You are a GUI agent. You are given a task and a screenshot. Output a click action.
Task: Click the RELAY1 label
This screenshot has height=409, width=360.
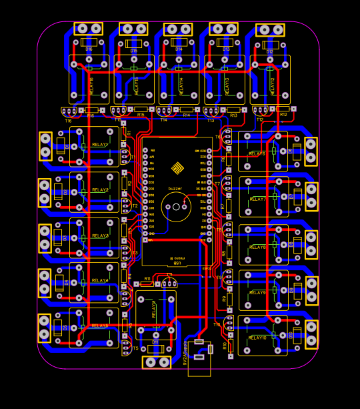[x=100, y=145]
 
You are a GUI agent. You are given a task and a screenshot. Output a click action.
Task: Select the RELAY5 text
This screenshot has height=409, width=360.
[x=100, y=326]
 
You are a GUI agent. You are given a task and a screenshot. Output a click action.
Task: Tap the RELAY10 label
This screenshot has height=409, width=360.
[x=257, y=338]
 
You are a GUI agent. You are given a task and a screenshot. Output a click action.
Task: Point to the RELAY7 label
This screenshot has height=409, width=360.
[x=257, y=199]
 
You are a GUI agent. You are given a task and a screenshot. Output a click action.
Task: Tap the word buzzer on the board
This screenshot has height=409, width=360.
[x=175, y=189]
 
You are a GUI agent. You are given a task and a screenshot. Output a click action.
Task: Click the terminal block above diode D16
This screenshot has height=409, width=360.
[x=89, y=29]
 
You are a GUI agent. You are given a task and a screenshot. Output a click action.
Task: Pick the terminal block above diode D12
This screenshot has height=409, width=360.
[x=270, y=30]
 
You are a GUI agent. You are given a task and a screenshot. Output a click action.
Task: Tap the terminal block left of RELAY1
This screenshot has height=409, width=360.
[x=45, y=145]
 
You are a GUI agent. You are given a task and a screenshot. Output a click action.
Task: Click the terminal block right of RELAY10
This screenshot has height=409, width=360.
[x=311, y=334]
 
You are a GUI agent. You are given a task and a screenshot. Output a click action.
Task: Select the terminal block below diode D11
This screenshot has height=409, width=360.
[x=157, y=362]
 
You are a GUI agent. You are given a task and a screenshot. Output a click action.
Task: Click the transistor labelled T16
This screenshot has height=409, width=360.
[x=69, y=112]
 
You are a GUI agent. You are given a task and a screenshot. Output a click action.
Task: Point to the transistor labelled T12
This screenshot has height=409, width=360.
[x=260, y=111]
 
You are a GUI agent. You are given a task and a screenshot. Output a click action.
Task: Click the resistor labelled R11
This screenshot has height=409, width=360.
[x=146, y=284]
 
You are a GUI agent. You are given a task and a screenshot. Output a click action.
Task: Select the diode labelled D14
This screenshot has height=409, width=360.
[x=179, y=43]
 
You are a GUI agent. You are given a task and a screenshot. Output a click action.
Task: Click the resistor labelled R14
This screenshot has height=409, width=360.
[x=186, y=109]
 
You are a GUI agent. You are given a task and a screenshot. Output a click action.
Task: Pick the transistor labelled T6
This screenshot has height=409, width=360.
[x=227, y=136]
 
